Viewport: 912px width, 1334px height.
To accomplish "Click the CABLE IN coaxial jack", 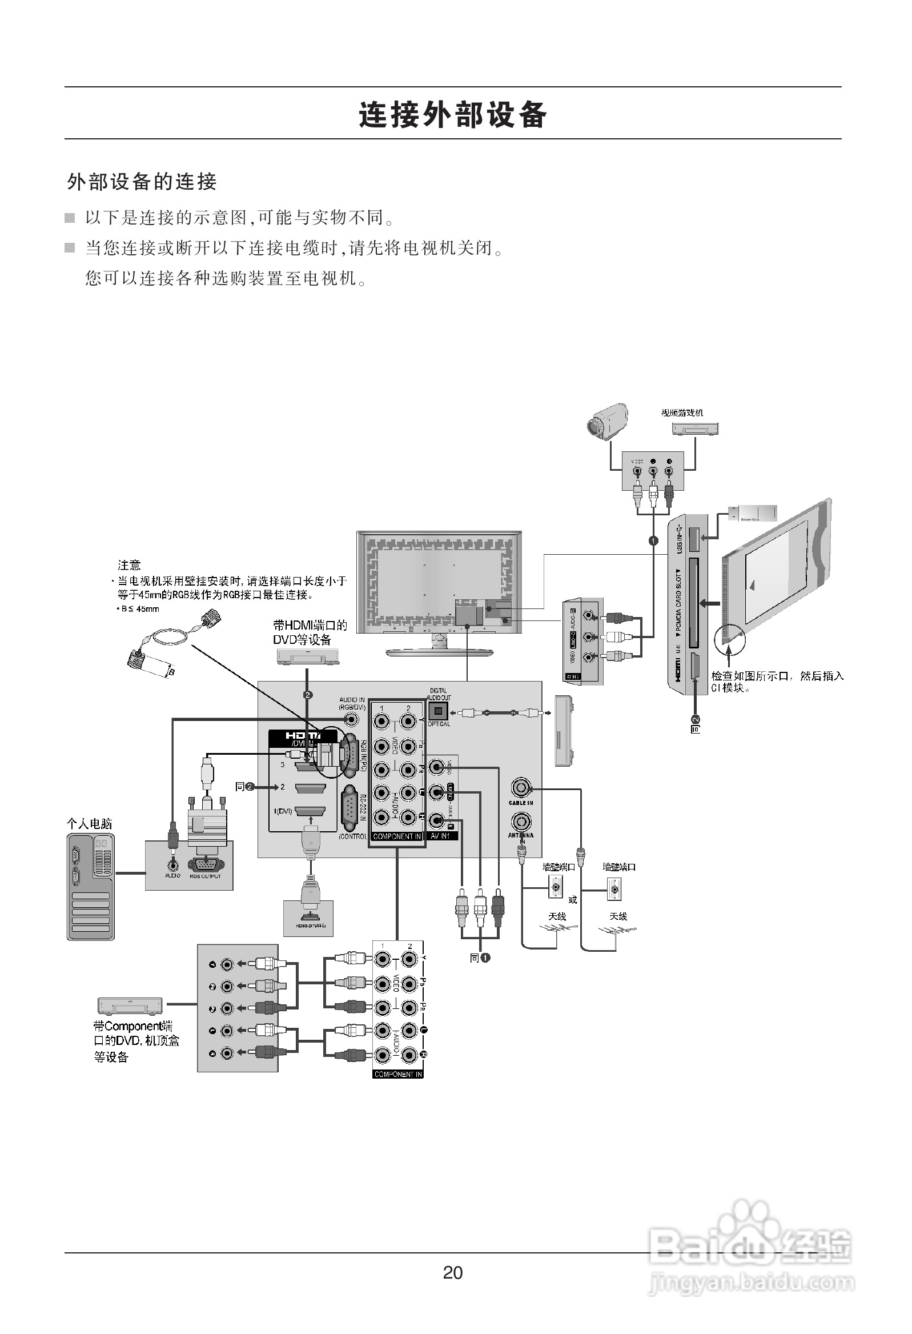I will (521, 786).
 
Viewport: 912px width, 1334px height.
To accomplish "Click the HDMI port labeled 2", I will (310, 787).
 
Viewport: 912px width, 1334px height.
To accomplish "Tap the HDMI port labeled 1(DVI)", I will (310, 811).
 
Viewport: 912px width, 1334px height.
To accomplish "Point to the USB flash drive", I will (752, 512).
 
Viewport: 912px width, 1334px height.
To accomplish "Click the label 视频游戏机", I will (681, 412).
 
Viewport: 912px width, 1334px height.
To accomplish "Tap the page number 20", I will (453, 1273).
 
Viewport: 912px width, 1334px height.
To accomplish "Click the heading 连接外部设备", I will (453, 114).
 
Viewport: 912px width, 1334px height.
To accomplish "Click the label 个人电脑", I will (90, 824).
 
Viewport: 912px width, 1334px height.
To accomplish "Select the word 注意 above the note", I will (129, 565).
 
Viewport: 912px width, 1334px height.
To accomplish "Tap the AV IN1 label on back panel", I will (441, 836).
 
